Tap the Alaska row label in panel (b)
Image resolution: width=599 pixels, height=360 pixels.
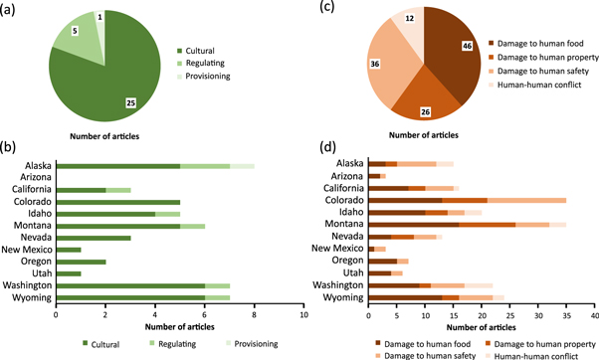39,166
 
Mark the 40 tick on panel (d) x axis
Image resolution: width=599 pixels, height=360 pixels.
594,313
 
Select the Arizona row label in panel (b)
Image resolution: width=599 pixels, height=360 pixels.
38,178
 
